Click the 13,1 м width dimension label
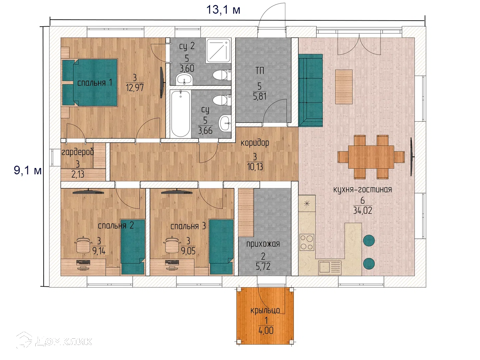click(x=223, y=10)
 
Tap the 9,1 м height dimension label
click(x=28, y=170)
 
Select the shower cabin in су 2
click(x=218, y=50)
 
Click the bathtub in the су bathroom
click(x=180, y=114)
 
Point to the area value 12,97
click(x=135, y=88)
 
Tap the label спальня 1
click(x=95, y=83)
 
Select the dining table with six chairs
click(x=371, y=157)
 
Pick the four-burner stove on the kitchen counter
click(x=307, y=242)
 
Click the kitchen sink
click(x=330, y=267)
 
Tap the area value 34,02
click(x=363, y=210)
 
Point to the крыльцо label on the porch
click(x=265, y=310)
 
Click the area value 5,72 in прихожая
click(x=263, y=266)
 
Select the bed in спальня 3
click(x=221, y=247)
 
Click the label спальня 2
click(x=116, y=225)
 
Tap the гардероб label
click(x=77, y=152)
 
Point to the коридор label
click(x=255, y=143)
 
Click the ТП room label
click(x=260, y=71)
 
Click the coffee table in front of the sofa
click(x=344, y=87)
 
